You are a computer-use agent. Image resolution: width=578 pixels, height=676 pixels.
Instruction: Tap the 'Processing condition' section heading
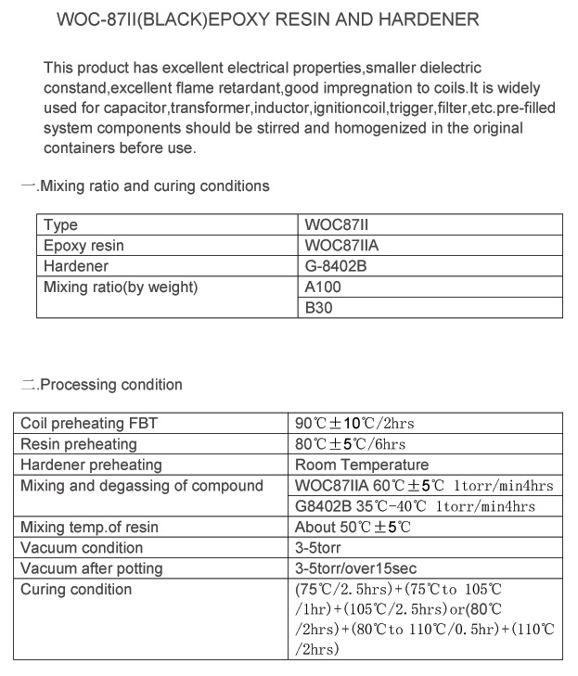(110, 385)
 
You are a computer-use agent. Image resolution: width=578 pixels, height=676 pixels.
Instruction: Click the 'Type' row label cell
(61, 225)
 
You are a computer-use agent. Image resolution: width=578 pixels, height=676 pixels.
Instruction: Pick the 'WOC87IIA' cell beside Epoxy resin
(341, 246)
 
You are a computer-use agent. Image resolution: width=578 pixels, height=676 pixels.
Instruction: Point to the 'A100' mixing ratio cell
(323, 287)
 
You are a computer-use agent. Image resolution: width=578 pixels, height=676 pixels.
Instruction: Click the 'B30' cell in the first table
(319, 308)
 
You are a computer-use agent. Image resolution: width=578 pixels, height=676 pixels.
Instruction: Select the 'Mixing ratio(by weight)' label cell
(121, 287)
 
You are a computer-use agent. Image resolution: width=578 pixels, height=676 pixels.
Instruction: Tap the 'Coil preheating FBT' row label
(89, 424)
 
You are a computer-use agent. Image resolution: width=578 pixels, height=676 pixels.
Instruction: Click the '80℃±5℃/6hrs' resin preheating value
(350, 444)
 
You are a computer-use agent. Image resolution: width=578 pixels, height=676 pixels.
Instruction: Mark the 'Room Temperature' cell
(362, 465)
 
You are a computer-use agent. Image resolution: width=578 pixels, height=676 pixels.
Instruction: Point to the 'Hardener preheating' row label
(91, 465)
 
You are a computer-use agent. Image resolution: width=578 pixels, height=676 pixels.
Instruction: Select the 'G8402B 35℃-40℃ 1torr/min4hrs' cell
(415, 506)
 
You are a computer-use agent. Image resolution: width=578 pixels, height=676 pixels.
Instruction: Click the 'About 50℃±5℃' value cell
(353, 527)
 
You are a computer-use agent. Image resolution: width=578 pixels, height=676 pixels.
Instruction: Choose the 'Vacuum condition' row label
(82, 548)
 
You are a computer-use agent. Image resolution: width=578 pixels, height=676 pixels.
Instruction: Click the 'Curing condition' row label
(76, 590)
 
